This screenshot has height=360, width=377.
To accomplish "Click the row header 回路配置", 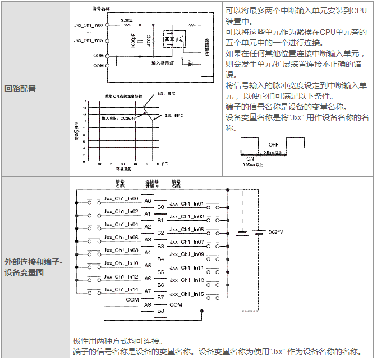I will click(20, 88).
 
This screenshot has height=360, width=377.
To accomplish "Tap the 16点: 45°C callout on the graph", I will click(165, 93).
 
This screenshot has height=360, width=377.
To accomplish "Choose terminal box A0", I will click(147, 200).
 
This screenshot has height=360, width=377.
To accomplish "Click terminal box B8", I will click(160, 310).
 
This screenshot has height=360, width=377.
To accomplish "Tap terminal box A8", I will click(147, 304).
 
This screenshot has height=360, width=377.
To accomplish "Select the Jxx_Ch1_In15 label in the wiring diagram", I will click(187, 294).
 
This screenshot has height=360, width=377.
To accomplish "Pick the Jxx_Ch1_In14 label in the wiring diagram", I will click(121, 289).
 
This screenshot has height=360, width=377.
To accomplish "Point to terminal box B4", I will click(160, 258).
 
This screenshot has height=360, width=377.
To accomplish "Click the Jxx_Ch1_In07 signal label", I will click(187, 242).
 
